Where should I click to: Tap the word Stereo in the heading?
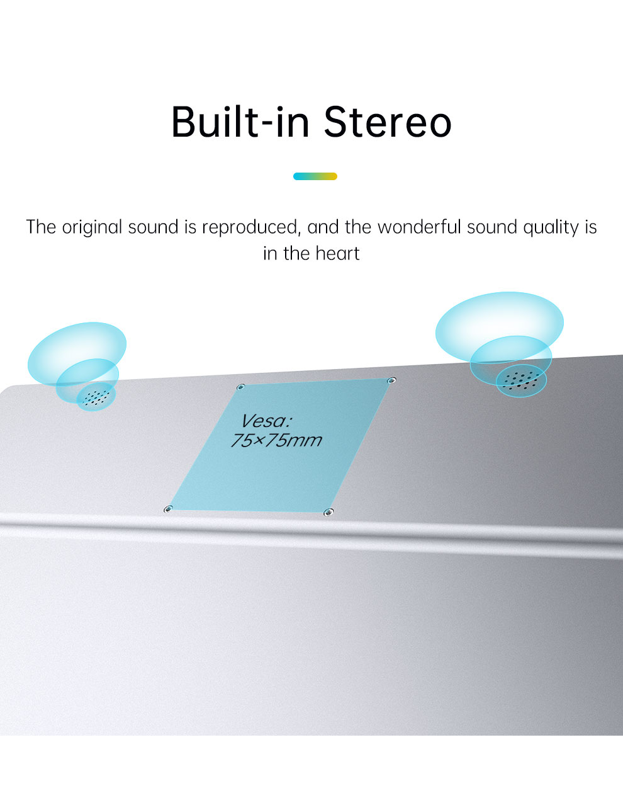pyautogui.click(x=388, y=122)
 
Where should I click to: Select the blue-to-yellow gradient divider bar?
pyautogui.click(x=315, y=176)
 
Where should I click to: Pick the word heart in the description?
pyautogui.click(x=337, y=254)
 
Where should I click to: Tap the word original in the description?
pyautogui.click(x=92, y=227)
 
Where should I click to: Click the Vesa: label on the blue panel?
pyautogui.click(x=266, y=421)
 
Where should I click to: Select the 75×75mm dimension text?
pyautogui.click(x=276, y=440)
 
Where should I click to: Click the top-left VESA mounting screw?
pyautogui.click(x=240, y=387)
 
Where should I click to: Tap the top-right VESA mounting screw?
pyautogui.click(x=392, y=380)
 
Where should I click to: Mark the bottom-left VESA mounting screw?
pyautogui.click(x=168, y=509)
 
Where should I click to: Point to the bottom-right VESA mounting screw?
pyautogui.click(x=328, y=512)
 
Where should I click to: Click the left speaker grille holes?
pyautogui.click(x=96, y=397)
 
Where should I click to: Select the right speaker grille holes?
pyautogui.click(x=520, y=380)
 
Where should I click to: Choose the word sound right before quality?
pyautogui.click(x=492, y=227)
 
